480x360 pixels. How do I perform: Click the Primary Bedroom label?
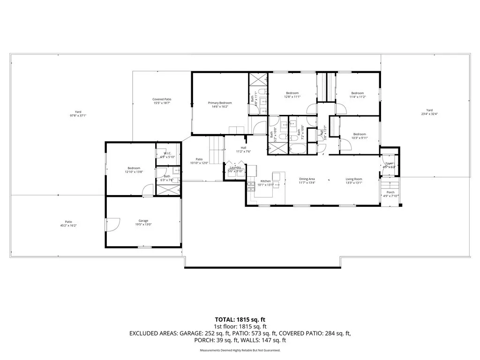pyautogui.click(x=220, y=103)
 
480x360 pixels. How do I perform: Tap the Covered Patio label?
pyautogui.click(x=162, y=99)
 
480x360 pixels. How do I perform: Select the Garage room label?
pyautogui.click(x=143, y=220)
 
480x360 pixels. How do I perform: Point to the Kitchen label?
pyautogui.click(x=266, y=181)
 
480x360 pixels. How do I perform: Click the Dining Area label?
pyautogui.click(x=307, y=179)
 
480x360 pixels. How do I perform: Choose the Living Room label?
pyautogui.click(x=354, y=179)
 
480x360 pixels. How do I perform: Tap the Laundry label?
pyautogui.click(x=235, y=167)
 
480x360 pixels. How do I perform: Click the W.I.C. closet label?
pyautogui.click(x=167, y=154)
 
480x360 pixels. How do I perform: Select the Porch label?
pyautogui.click(x=390, y=192)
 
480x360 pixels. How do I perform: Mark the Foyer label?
pyautogui.click(x=389, y=163)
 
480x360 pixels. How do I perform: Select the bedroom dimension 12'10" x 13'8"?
pyautogui.click(x=134, y=172)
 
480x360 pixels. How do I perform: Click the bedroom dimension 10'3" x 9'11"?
pyautogui.click(x=360, y=138)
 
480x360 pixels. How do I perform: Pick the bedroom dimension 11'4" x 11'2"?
pyautogui.click(x=358, y=97)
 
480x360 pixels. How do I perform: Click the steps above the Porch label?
pyautogui.click(x=391, y=182)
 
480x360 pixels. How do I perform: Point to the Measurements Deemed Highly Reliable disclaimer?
pyautogui.click(x=240, y=350)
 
